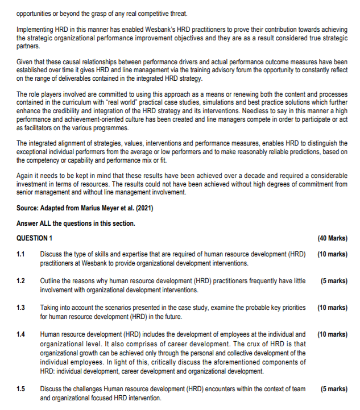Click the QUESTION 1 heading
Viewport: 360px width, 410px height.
(x=35, y=238)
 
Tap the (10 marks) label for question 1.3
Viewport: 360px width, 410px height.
(x=332, y=308)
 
